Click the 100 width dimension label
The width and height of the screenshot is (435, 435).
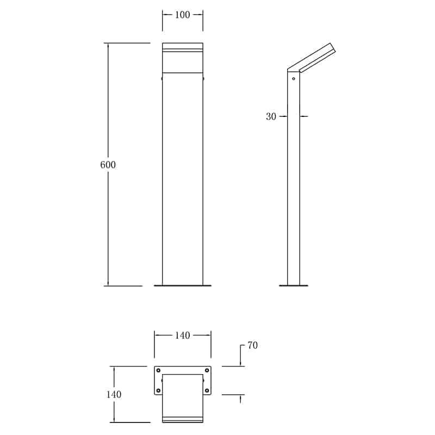click(182, 15)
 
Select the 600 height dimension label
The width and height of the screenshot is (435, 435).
click(108, 165)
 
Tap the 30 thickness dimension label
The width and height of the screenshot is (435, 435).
click(271, 116)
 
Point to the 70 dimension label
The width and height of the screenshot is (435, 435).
click(252, 345)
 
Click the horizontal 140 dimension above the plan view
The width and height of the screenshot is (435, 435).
click(182, 335)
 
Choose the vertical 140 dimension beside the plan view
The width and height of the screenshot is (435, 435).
click(114, 394)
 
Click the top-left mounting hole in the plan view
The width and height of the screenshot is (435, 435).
click(159, 370)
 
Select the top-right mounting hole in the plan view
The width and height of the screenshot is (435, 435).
click(207, 370)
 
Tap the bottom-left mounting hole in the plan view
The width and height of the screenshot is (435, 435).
click(159, 390)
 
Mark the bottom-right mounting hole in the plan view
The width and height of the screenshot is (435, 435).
click(207, 390)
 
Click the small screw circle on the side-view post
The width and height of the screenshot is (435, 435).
click(294, 79)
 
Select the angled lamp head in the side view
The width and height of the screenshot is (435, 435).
click(313, 58)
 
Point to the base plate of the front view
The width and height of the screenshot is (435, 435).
click(182, 285)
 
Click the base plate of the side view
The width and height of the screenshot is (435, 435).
click(294, 285)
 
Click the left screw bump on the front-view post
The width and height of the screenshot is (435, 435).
click(161, 79)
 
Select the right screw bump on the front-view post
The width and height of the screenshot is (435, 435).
click(203, 79)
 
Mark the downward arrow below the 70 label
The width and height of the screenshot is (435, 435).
click(240, 363)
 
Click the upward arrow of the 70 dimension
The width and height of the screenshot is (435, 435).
click(240, 399)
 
